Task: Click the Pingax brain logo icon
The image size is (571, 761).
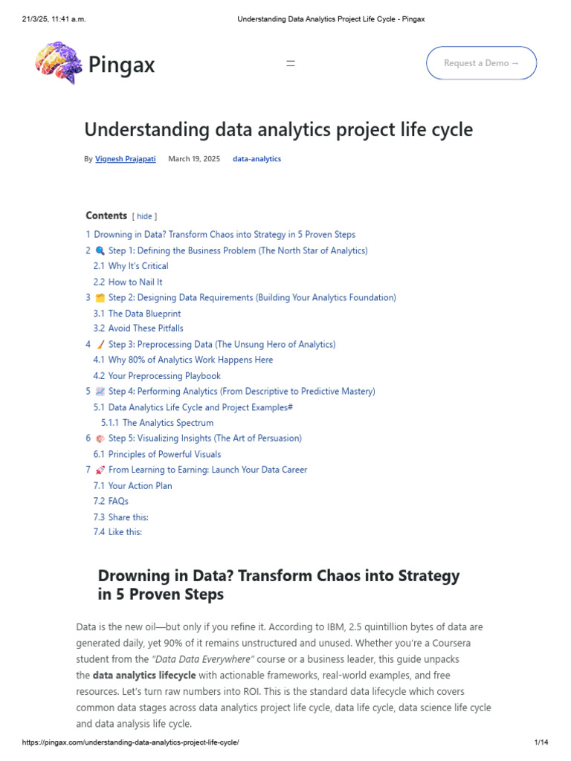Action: [x=57, y=62]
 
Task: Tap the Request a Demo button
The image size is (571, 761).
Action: [x=481, y=63]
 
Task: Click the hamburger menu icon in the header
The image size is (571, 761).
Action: [x=291, y=64]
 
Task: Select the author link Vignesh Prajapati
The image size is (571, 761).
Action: [x=126, y=159]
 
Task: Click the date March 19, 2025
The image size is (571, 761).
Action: [x=194, y=159]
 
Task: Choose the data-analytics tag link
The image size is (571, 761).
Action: [x=257, y=159]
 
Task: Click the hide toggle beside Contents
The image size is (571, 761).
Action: [x=144, y=216]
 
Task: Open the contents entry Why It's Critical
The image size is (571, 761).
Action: [x=138, y=266]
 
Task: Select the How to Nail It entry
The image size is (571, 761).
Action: [x=135, y=282]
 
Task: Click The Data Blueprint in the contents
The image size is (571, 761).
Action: [x=144, y=314]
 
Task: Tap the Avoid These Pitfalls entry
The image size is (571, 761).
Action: [x=146, y=328]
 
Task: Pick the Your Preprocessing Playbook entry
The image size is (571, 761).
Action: [x=164, y=376]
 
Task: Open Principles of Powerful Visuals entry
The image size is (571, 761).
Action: [x=164, y=454]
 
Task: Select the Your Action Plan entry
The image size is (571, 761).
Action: [x=140, y=486]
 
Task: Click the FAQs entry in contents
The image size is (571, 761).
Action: [x=118, y=502]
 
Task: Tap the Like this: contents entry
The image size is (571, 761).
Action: [x=125, y=532]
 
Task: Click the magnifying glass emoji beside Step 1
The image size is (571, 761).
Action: [x=100, y=251]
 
